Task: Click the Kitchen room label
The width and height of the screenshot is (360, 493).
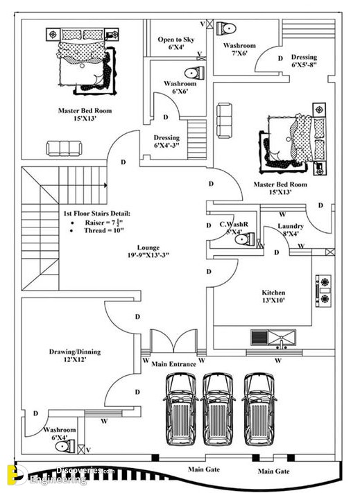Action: click(x=273, y=293)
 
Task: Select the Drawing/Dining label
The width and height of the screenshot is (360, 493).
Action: click(x=75, y=352)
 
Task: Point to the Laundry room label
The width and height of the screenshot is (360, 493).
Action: click(x=290, y=226)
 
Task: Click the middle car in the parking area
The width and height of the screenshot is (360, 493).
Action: click(x=218, y=408)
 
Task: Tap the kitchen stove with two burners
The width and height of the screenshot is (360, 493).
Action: click(x=323, y=291)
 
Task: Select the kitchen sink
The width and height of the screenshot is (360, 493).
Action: click(x=273, y=338)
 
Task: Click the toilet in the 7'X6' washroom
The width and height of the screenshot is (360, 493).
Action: click(x=226, y=28)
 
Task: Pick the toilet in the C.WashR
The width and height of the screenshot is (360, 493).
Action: click(x=245, y=239)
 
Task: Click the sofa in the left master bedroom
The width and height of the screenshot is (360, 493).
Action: click(x=64, y=148)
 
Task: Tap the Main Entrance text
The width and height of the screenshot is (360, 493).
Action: click(x=173, y=364)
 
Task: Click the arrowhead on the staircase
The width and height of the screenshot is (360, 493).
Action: click(x=105, y=185)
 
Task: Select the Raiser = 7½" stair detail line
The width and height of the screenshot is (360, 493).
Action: click(x=104, y=223)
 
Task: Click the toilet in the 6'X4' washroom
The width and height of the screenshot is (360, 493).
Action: click(x=65, y=447)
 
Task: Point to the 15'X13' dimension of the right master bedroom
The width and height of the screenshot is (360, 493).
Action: click(x=280, y=192)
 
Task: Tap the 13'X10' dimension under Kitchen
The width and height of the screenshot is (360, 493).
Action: click(x=273, y=300)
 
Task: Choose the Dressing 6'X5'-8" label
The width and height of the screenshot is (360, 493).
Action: click(x=304, y=61)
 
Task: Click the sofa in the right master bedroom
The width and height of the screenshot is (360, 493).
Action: click(x=225, y=121)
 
